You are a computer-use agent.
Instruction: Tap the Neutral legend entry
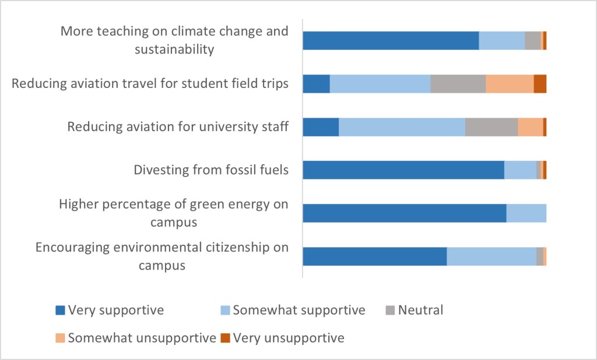(x=415, y=310)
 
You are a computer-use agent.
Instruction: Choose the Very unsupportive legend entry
(x=282, y=338)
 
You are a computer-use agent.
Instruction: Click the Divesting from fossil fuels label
(x=211, y=170)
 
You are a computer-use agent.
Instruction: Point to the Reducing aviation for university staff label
(x=178, y=126)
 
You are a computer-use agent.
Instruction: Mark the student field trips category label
(x=150, y=83)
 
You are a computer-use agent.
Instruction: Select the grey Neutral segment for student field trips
(x=458, y=83)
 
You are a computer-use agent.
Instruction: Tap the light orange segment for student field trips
(x=510, y=83)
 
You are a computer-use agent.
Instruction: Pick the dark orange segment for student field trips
(x=540, y=83)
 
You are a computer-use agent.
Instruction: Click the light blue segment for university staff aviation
(x=402, y=126)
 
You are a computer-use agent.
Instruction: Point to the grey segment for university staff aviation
(x=491, y=126)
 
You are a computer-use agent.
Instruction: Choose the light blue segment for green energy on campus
(x=526, y=213)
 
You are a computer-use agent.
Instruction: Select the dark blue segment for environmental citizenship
(x=375, y=256)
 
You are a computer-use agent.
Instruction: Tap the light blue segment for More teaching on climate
(x=501, y=40)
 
